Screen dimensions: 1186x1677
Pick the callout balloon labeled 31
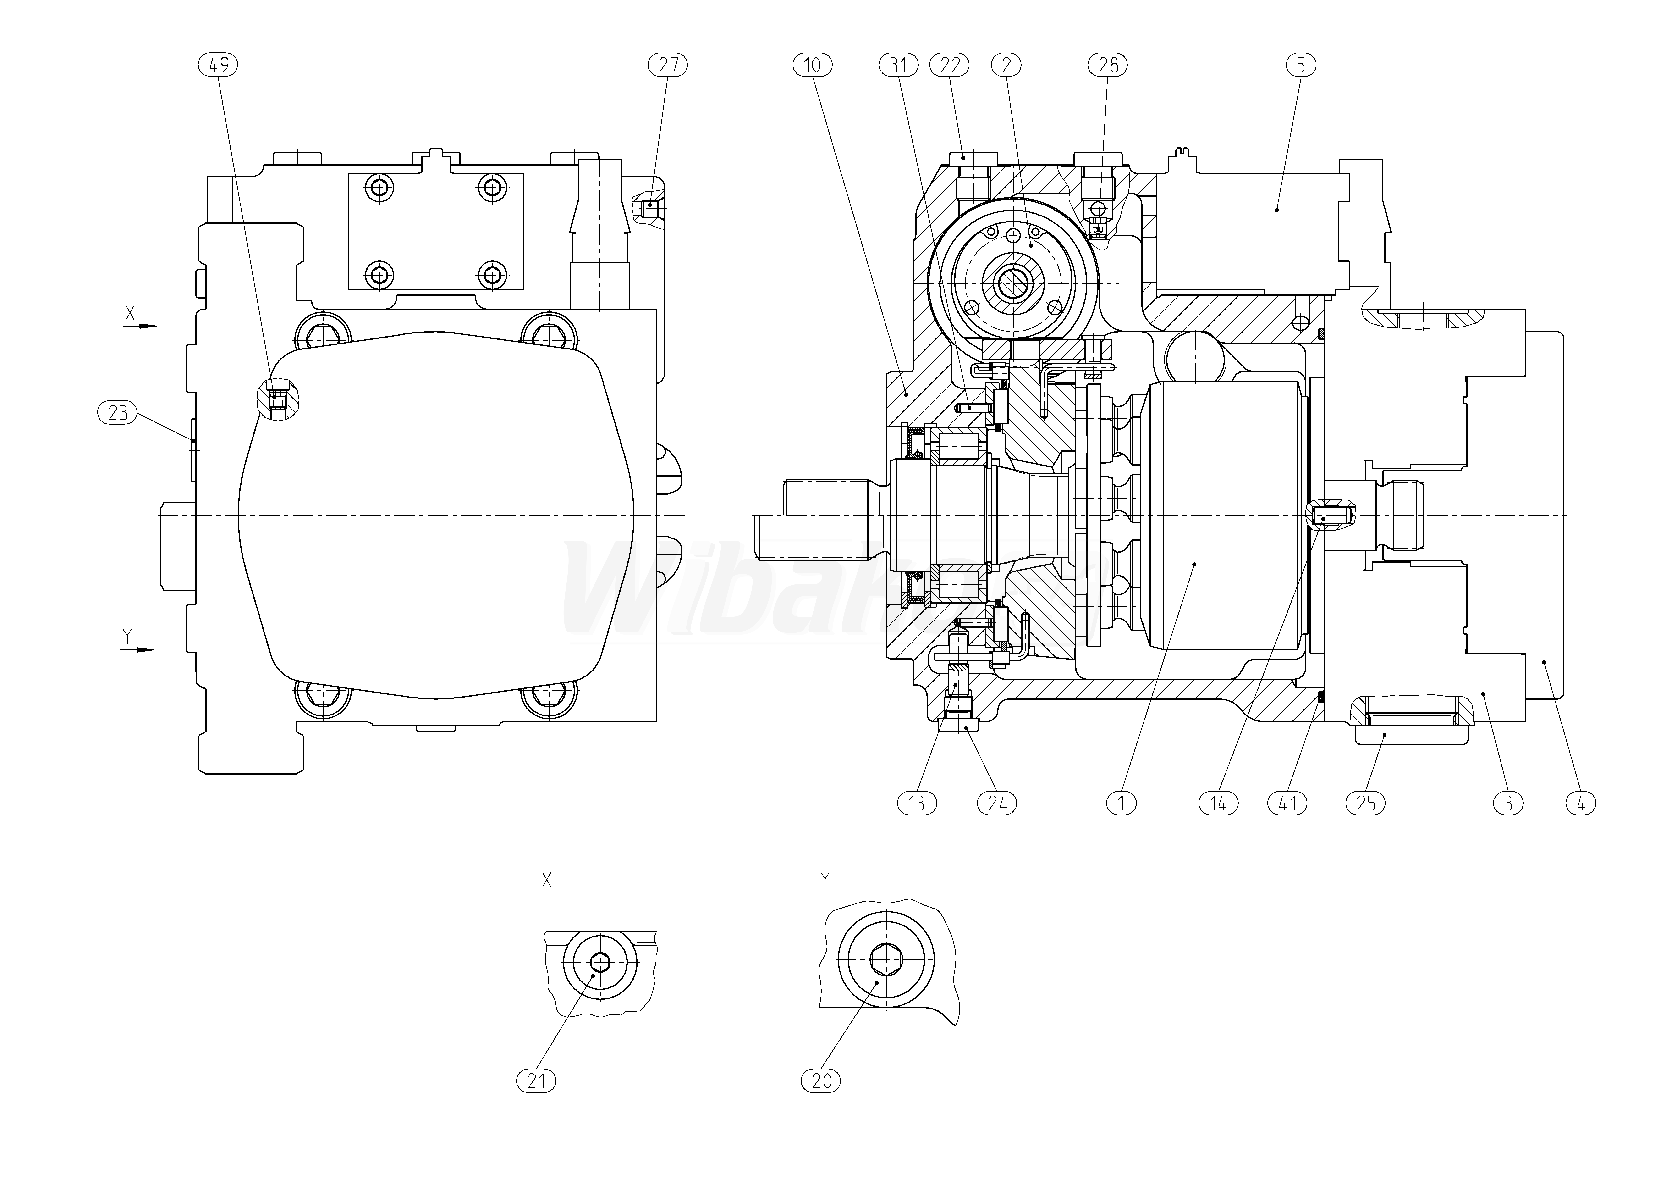[898, 65]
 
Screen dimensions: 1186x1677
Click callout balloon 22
[950, 65]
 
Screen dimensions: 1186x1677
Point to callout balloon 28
[1108, 65]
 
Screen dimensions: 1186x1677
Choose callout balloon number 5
[1301, 65]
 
